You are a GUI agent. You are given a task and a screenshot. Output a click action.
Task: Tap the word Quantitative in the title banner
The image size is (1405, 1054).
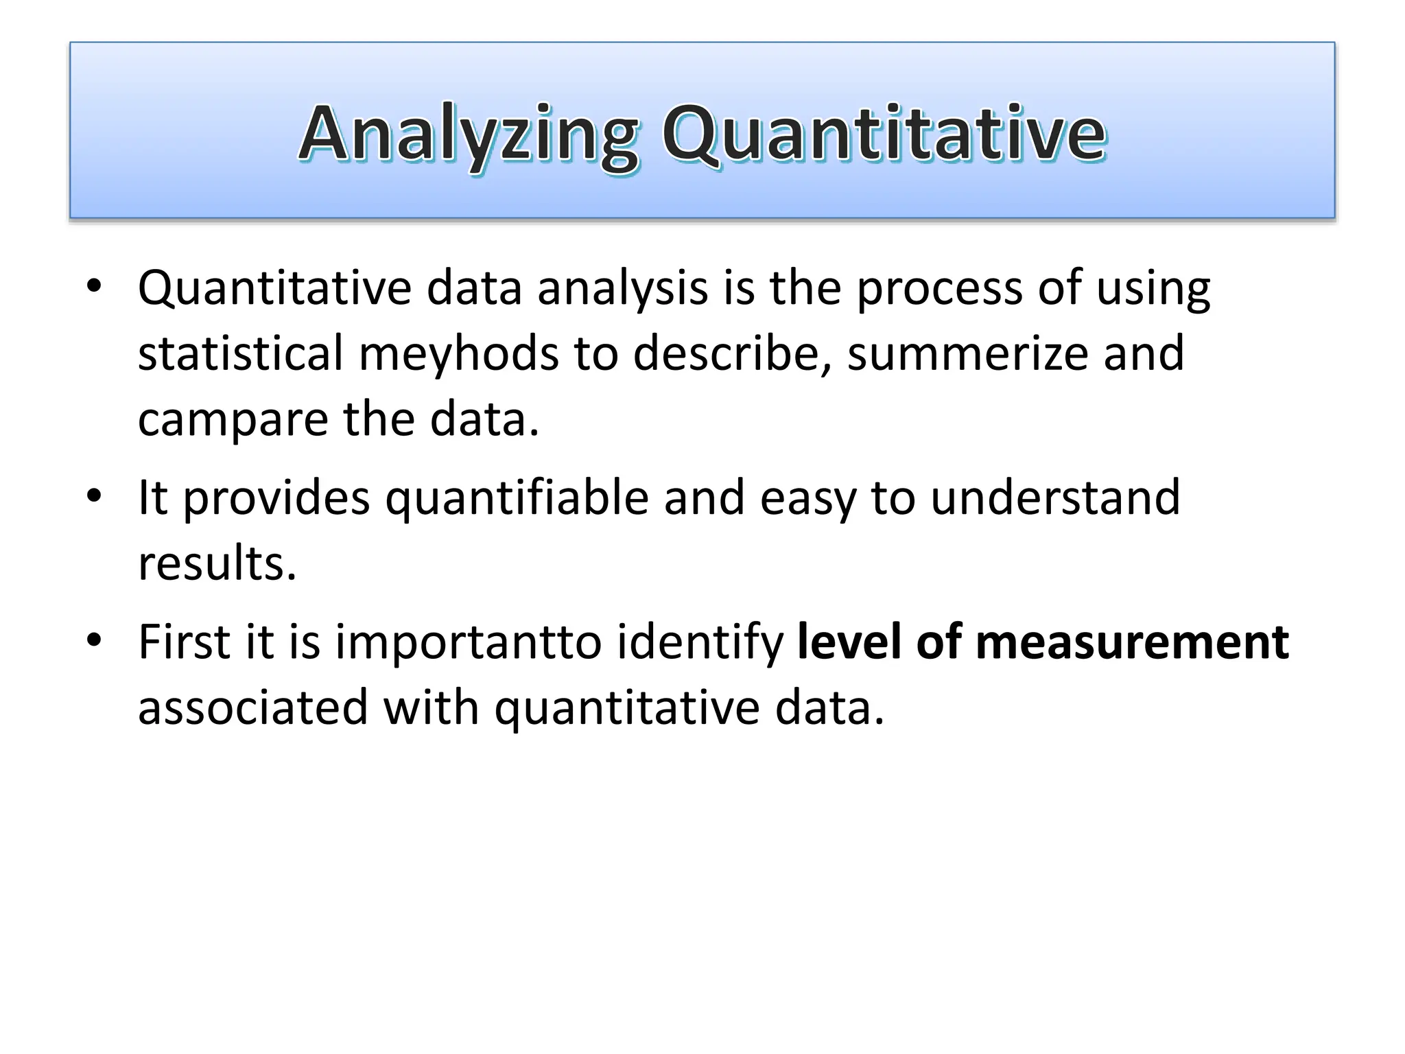click(x=884, y=134)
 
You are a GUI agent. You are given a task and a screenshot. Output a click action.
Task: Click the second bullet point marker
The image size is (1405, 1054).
click(x=94, y=495)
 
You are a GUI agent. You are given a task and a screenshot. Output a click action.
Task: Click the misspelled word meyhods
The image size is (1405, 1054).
click(x=458, y=354)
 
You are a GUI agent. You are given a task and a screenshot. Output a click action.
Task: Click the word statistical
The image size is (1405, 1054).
click(x=240, y=354)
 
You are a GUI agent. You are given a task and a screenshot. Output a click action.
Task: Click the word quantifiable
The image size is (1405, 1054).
click(x=517, y=498)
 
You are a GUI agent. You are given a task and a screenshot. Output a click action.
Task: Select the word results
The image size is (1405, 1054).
click(x=217, y=564)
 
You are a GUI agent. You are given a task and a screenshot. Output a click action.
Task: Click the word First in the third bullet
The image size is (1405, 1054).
click(x=183, y=642)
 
